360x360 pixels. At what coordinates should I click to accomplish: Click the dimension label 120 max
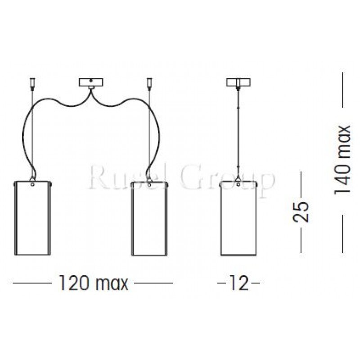point(93,284)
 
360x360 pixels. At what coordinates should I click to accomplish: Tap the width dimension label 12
point(238,284)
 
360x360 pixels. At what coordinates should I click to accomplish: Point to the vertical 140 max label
point(342,160)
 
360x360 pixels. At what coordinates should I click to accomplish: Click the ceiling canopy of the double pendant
point(91,83)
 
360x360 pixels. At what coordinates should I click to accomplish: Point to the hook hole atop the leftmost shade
point(33,184)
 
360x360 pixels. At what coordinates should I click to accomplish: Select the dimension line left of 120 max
point(31,283)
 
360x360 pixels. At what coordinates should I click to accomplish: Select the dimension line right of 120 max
point(154,283)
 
